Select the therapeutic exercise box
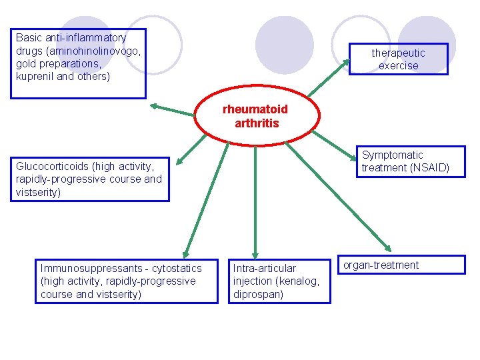point(399,59)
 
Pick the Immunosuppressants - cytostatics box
point(127,281)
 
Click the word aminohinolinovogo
point(101,51)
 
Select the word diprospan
point(258,294)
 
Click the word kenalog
point(299,281)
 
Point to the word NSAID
point(430,168)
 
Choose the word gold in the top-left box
point(27,63)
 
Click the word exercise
point(399,65)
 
